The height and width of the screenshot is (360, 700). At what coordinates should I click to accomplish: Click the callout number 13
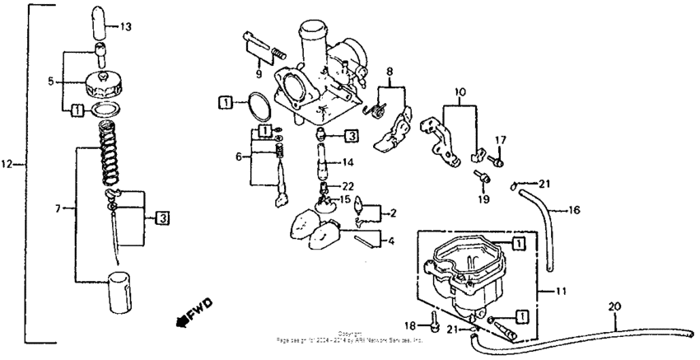124,26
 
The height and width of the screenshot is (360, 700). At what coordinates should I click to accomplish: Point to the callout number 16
573,210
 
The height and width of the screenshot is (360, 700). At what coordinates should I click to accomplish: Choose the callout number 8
390,72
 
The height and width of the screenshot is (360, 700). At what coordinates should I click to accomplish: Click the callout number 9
258,74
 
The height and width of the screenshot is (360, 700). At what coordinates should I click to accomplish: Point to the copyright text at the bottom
349,336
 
